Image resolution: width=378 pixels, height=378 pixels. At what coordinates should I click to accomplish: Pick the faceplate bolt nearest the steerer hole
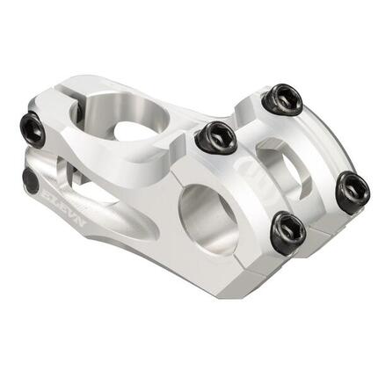tap(216, 137)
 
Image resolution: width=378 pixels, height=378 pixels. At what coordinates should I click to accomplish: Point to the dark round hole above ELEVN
tap(31, 181)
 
